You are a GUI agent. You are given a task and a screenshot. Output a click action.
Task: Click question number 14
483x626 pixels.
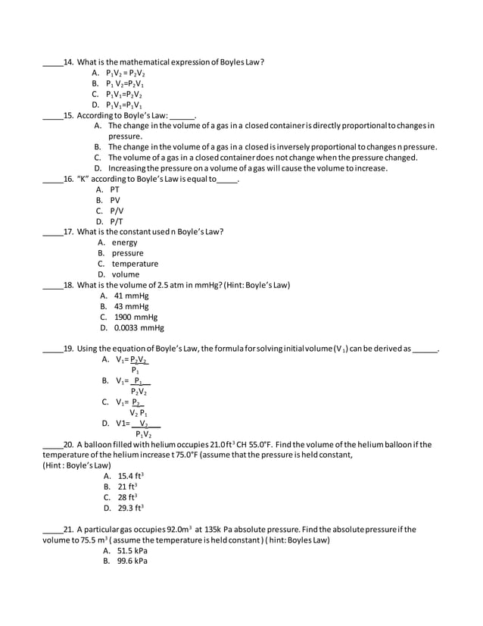68,62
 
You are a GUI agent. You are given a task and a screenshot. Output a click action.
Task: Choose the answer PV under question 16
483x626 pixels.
114,200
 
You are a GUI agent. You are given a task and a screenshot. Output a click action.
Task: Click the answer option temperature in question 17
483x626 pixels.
135,264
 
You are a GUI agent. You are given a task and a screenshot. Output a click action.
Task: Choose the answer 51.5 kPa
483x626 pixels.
131,551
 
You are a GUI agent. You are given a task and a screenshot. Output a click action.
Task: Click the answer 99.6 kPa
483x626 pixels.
131,562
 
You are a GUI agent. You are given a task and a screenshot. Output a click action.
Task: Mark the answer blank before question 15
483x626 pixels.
52,116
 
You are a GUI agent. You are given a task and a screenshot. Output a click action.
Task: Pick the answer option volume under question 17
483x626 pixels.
126,274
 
